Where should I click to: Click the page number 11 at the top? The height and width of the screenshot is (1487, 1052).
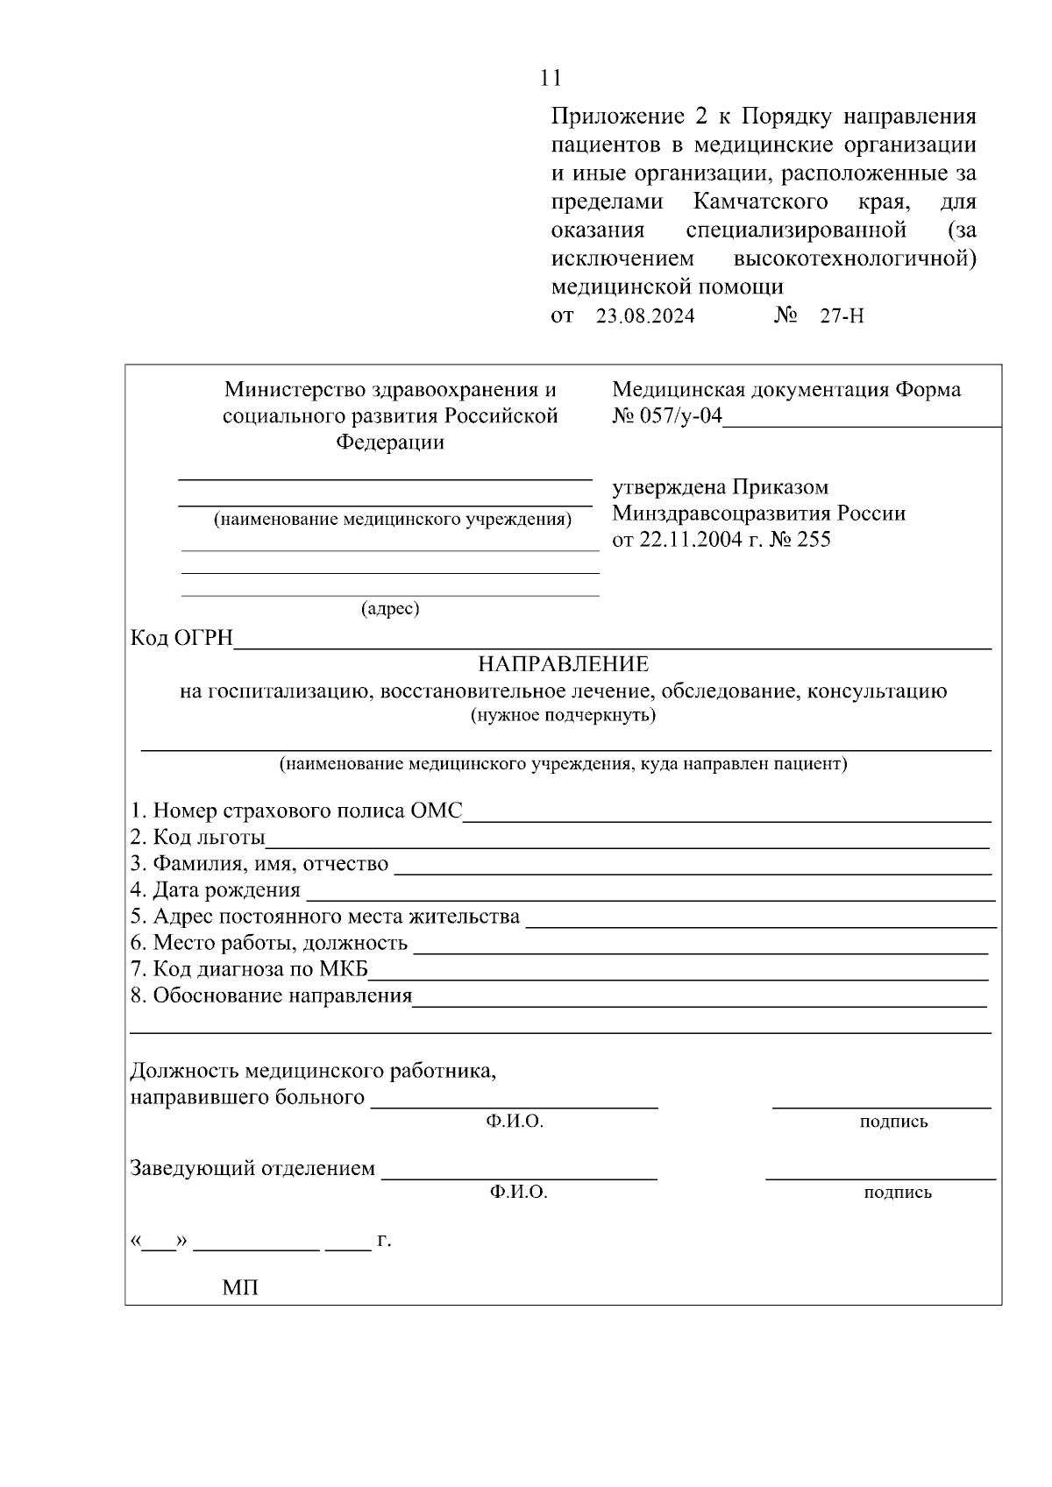point(551,78)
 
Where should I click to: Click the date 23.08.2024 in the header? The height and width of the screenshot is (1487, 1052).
point(645,316)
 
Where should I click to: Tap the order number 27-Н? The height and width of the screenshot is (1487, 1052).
point(841,316)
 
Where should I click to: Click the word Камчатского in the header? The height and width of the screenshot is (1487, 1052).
point(760,202)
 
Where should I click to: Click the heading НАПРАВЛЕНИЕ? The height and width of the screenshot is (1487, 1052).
point(563,664)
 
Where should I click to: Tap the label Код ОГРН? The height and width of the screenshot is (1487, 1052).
point(181,639)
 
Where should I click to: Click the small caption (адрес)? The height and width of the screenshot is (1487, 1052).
point(390,608)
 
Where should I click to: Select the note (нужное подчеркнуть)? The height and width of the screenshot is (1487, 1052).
point(563,715)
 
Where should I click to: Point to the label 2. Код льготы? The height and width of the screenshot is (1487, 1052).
point(197,838)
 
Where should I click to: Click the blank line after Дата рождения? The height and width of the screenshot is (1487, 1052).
point(649,896)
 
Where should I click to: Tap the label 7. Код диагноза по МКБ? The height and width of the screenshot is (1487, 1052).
point(249,969)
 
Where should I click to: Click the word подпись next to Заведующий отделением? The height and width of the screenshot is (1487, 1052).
point(897,1193)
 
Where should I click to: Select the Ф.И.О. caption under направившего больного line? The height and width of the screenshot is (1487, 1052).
point(515,1122)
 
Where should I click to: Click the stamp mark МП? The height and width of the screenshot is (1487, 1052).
point(240,1288)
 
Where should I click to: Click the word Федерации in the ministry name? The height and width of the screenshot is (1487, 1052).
point(390,443)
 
